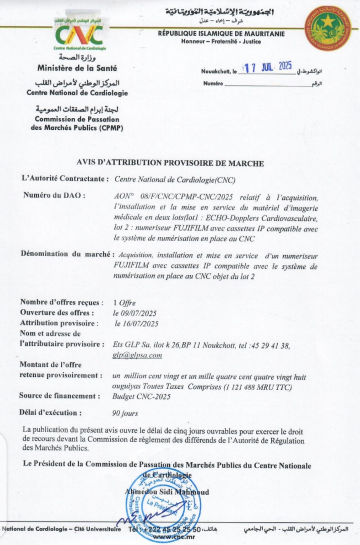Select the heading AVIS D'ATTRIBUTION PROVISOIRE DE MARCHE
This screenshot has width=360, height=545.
pyautogui.click(x=170, y=163)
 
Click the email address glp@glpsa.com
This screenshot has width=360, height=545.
pyautogui.click(x=137, y=355)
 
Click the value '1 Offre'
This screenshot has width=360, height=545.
pyautogui.click(x=124, y=303)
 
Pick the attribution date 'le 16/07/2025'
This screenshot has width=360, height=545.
pyautogui.click(x=137, y=324)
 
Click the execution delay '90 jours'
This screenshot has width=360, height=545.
pyautogui.click(x=125, y=413)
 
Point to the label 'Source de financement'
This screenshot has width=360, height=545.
pyautogui.click(x=59, y=396)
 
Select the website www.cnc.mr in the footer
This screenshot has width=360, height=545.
pyautogui.click(x=169, y=537)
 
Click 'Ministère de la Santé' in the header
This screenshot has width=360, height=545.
pyautogui.click(x=77, y=68)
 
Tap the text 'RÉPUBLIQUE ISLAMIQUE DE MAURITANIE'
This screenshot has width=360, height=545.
pyautogui.click(x=221, y=34)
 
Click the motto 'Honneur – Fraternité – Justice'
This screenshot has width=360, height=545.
pyautogui.click(x=221, y=41)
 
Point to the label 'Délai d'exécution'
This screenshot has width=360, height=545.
pyautogui.click(x=51, y=413)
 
